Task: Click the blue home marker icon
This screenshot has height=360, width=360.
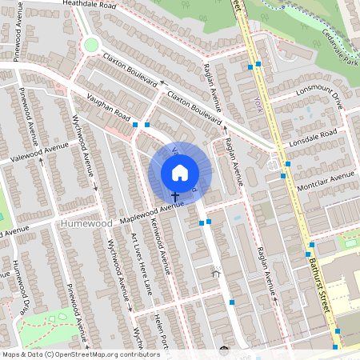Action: point(180,172)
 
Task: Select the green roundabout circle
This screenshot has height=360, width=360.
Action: point(91,45)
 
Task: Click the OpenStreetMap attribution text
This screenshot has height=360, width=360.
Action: point(70,354)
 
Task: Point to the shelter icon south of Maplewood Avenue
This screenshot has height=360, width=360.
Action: point(215,273)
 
